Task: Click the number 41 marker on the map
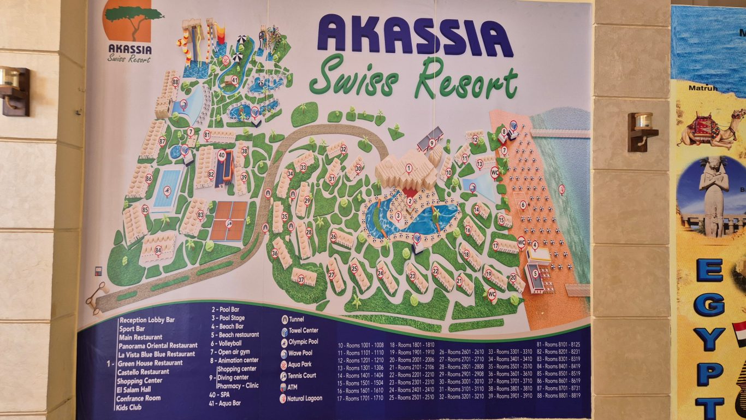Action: [235, 80]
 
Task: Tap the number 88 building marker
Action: [175, 82]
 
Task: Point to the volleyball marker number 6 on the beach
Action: [523, 205]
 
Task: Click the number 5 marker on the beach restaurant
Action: [535, 273]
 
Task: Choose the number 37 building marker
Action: [301, 279]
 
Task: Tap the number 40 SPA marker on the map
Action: [222, 155]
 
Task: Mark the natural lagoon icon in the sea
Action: [561, 189]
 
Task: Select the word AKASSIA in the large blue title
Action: [415, 36]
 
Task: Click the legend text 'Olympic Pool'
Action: [303, 342]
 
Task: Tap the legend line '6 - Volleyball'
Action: [226, 343]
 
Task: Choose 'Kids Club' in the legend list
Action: [129, 407]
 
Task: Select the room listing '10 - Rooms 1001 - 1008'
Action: [360, 345]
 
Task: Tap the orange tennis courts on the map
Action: [229, 221]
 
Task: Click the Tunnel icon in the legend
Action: [285, 320]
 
